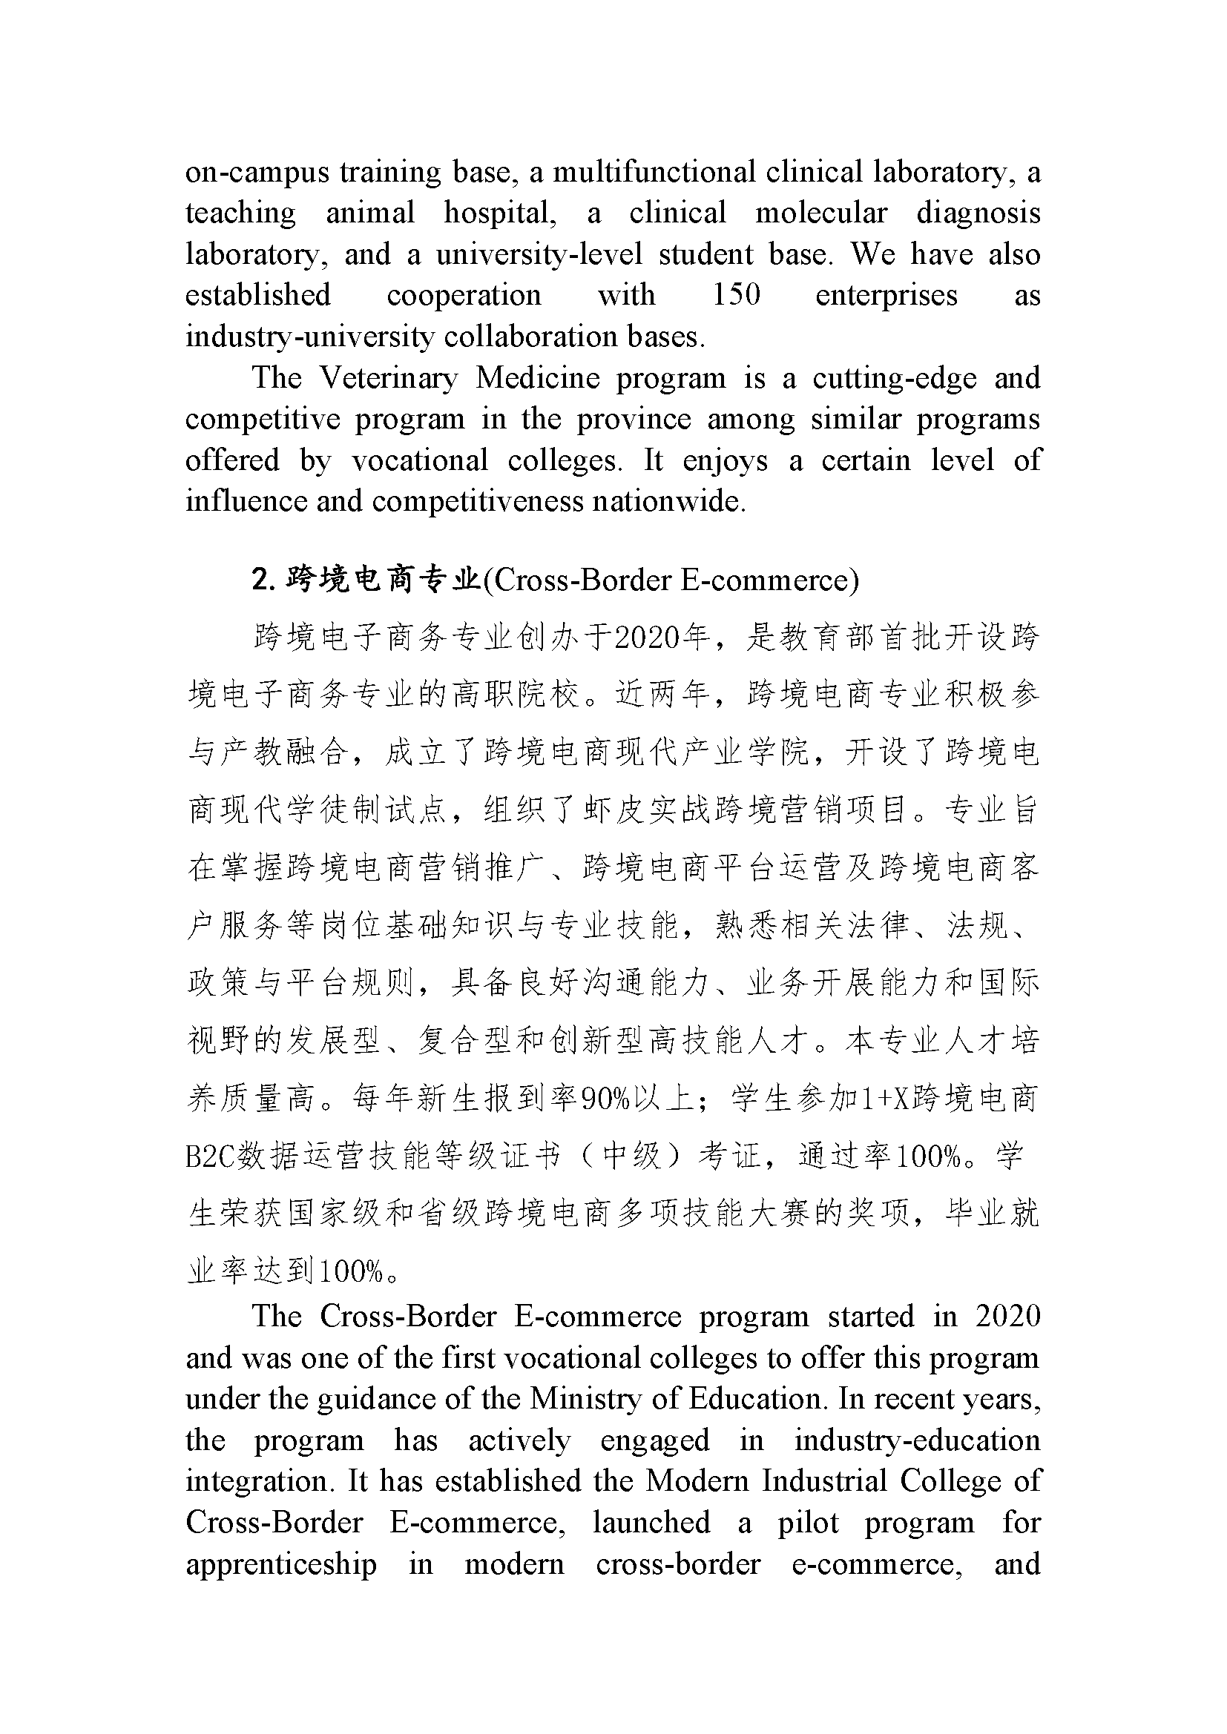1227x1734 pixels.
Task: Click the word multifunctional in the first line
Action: point(654,172)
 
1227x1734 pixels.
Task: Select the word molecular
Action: point(821,213)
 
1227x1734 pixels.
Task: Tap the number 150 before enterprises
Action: point(736,294)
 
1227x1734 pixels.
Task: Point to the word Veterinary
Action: point(388,377)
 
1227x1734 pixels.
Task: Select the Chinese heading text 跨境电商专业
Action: point(384,579)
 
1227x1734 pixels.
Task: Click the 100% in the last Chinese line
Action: point(352,1272)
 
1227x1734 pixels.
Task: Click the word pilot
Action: point(808,1522)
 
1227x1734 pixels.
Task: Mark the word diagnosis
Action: point(978,213)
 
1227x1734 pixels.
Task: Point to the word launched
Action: point(651,1522)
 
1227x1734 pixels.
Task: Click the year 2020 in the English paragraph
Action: point(1008,1317)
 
